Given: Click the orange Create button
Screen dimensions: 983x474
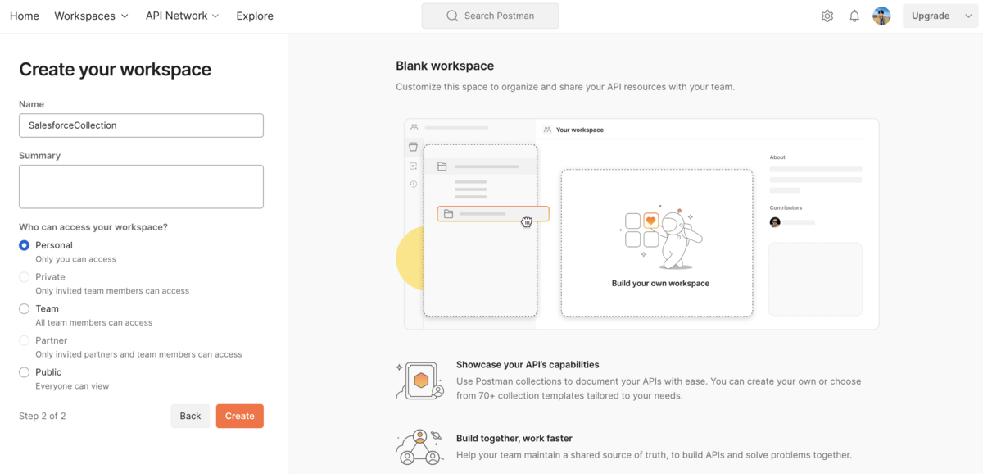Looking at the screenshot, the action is tap(239, 416).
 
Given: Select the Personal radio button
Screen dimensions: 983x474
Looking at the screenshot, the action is tap(24, 245).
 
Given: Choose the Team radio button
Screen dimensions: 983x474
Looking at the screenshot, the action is tap(24, 309).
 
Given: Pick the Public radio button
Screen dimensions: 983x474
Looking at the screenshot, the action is tap(24, 372).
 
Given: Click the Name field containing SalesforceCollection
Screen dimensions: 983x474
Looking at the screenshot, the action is tap(141, 125).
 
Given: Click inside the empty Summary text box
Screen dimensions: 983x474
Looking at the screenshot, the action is tap(141, 187).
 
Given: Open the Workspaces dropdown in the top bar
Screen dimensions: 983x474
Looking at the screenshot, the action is tap(91, 16).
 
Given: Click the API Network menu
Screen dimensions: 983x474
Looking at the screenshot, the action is tap(182, 16).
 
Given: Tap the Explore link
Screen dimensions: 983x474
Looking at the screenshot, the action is tap(255, 16).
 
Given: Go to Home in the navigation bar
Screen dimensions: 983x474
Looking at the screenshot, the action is tap(25, 16).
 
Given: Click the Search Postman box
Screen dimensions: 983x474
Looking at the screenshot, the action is tap(490, 16).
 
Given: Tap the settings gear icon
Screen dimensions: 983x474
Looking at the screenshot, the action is tap(827, 16).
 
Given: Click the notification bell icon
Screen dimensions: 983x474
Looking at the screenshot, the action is tap(854, 16).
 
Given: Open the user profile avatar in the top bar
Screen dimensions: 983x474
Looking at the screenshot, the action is tap(881, 16).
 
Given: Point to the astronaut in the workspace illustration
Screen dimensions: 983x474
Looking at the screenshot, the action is tap(678, 239).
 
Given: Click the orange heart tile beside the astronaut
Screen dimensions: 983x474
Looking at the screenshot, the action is tap(650, 221).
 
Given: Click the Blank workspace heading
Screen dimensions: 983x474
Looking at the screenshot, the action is tap(445, 66).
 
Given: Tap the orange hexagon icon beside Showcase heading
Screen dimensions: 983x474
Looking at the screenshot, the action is tap(421, 381).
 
